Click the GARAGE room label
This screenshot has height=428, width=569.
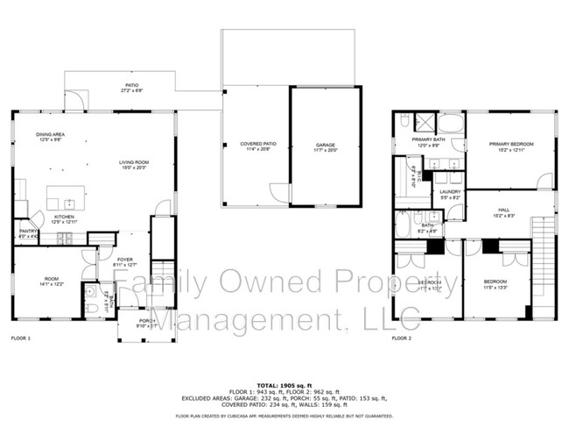[x=326, y=146]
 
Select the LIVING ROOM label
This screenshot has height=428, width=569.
[x=134, y=164]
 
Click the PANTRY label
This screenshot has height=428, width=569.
[x=27, y=233]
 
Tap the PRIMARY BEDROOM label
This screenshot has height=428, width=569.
[x=510, y=146]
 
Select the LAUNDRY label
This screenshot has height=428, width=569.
[x=450, y=193]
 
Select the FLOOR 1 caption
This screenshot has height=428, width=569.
[x=20, y=338]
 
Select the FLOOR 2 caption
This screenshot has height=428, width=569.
[x=401, y=338]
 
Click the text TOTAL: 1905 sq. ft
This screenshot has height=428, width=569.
[x=284, y=385]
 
